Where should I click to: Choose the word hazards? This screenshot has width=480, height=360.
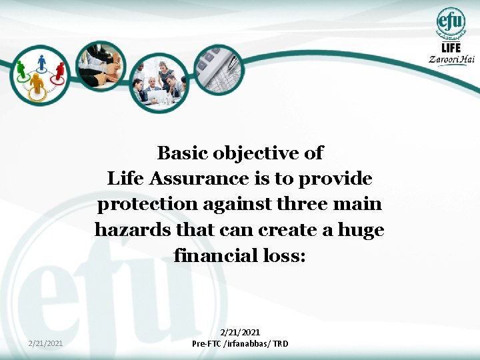point(131,230)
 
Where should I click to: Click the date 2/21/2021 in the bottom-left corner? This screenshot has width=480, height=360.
point(47,343)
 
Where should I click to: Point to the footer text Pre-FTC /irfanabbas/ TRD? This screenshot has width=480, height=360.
point(240,343)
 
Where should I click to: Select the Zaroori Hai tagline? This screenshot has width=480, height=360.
point(451,59)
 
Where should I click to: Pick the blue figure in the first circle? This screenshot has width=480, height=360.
point(41,63)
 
